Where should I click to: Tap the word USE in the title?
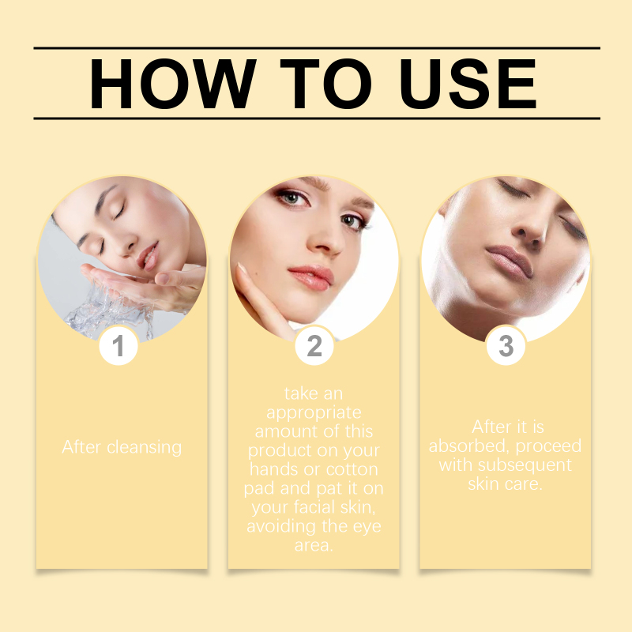(x=468, y=84)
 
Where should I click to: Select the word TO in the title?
(x=325, y=84)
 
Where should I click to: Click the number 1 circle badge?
(x=118, y=345)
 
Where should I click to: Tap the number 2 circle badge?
(x=314, y=345)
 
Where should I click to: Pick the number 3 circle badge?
(x=506, y=345)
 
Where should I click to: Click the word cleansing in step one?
(x=145, y=447)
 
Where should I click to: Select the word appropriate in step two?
(x=314, y=413)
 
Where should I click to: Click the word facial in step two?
(x=314, y=506)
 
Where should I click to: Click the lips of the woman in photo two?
(x=311, y=277)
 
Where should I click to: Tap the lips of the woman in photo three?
(x=510, y=261)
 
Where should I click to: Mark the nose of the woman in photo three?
(x=531, y=230)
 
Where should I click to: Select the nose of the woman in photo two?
(x=325, y=241)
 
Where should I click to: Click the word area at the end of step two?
(x=314, y=546)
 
